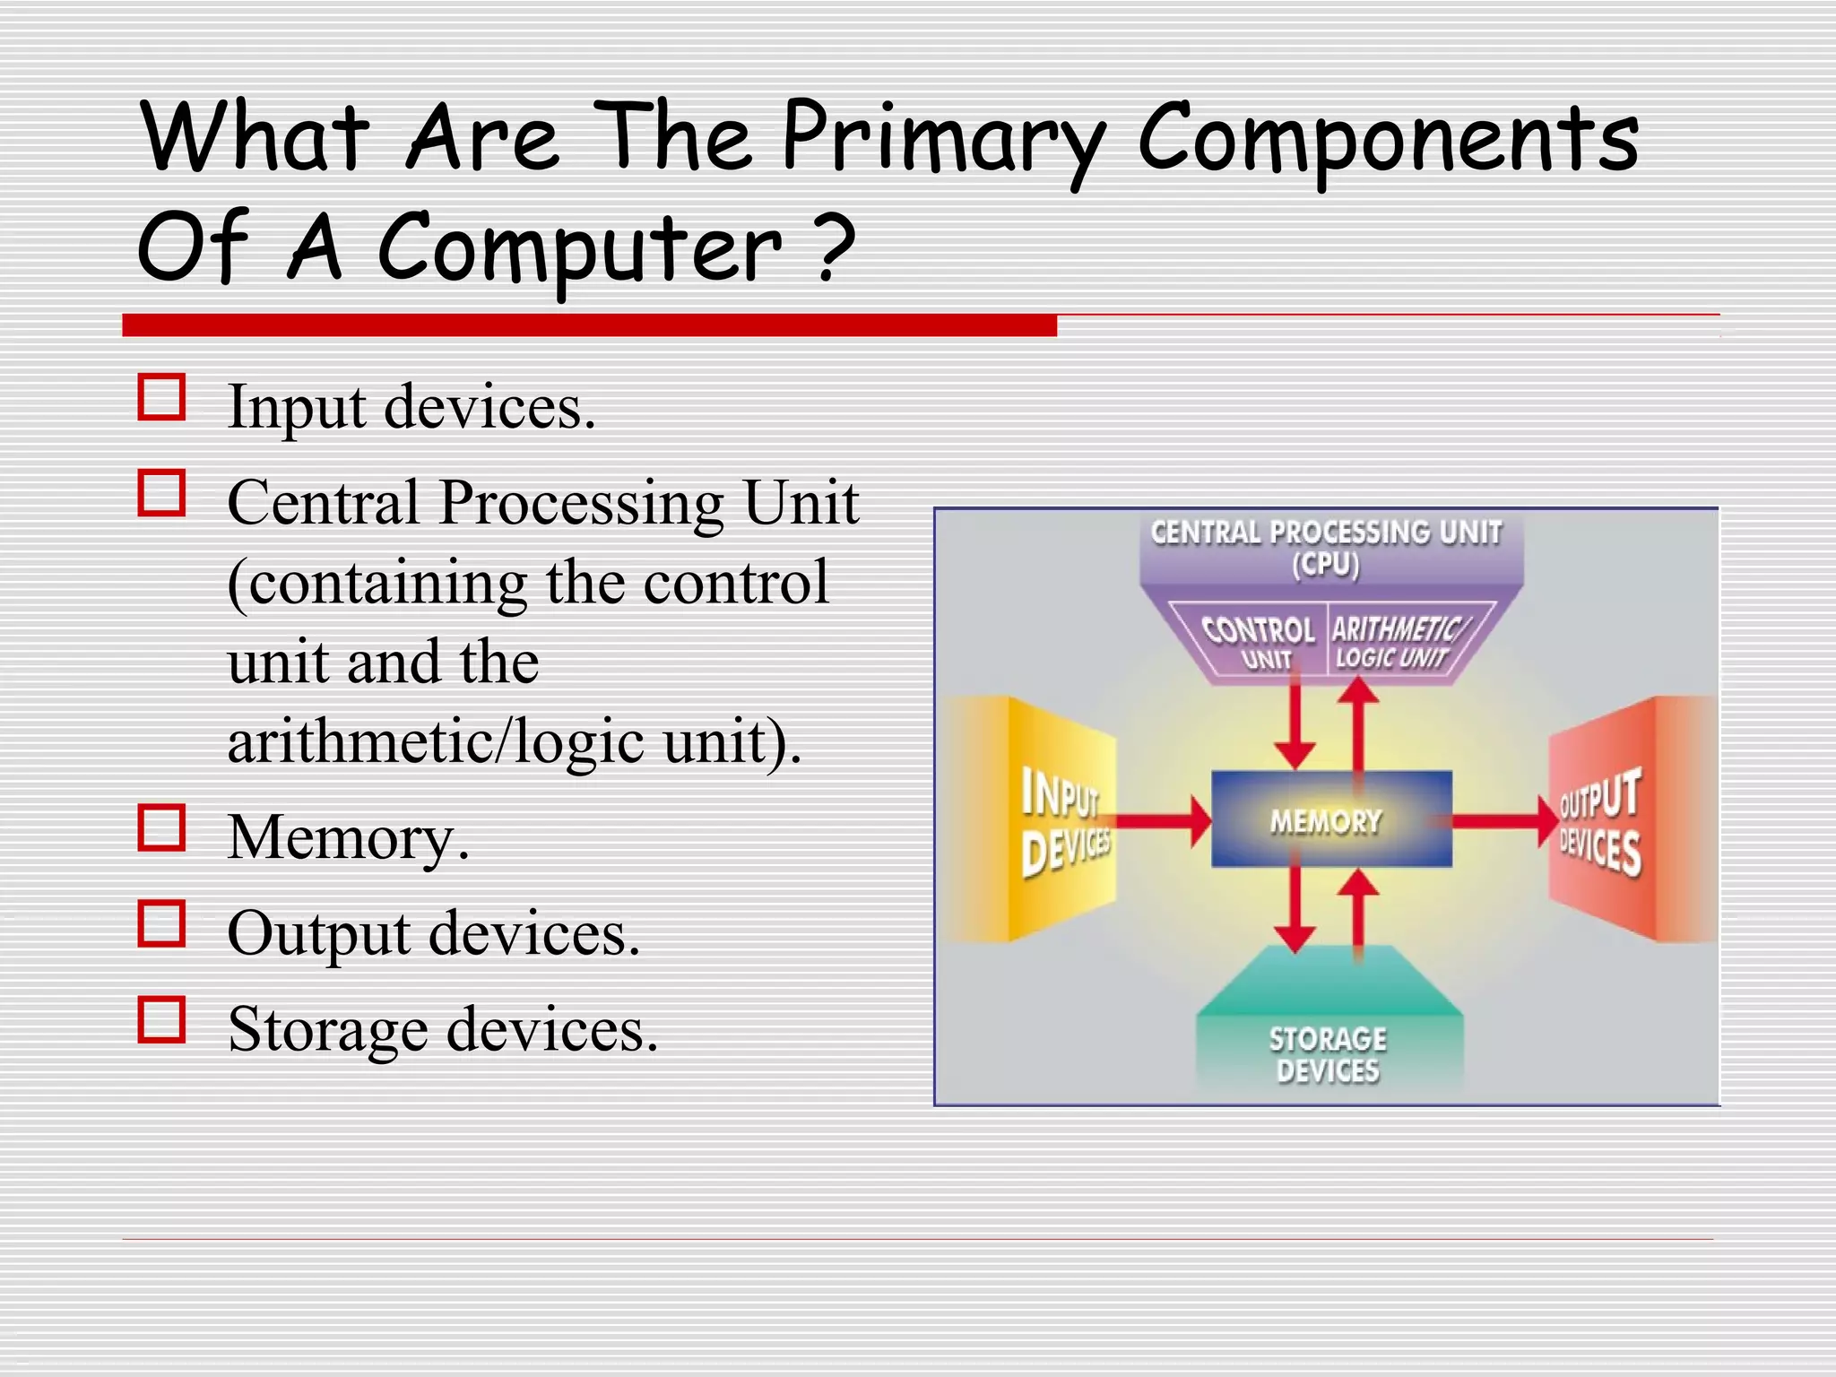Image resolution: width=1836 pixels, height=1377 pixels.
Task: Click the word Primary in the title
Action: [x=941, y=139]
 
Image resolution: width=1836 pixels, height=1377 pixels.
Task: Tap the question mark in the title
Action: [x=835, y=247]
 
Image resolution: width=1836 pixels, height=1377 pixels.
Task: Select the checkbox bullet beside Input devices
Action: [x=162, y=397]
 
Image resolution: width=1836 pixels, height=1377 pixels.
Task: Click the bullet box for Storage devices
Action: [x=162, y=1019]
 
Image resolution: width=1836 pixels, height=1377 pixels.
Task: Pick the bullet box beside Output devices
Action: [x=162, y=923]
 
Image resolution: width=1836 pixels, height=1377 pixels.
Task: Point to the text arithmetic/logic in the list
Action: [x=435, y=741]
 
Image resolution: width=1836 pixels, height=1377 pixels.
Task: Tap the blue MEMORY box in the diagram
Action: [x=1330, y=819]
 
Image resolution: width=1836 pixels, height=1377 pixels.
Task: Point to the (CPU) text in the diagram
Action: [x=1325, y=566]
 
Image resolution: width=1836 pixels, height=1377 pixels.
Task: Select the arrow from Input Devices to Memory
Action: [x=1161, y=820]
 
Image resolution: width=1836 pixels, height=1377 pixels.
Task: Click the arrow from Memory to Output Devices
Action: [x=1502, y=820]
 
